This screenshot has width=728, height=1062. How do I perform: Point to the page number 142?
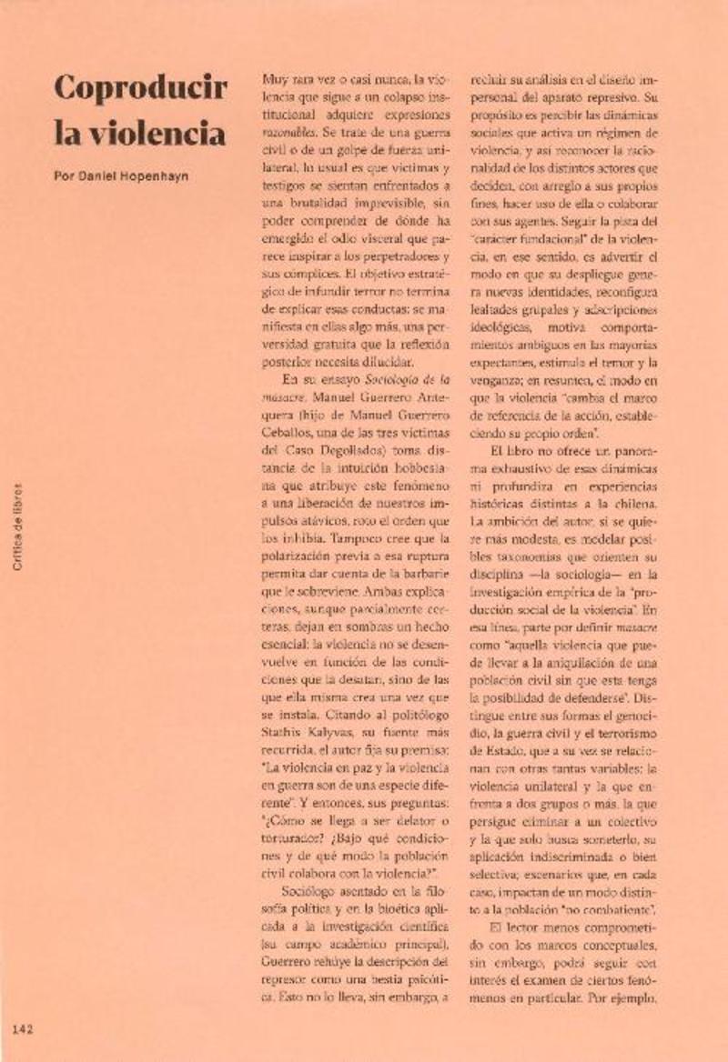click(23, 1029)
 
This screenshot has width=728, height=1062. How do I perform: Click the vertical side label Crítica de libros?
click(18, 527)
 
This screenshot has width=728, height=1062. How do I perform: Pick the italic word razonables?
click(285, 133)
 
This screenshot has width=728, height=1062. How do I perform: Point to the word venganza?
click(495, 380)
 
